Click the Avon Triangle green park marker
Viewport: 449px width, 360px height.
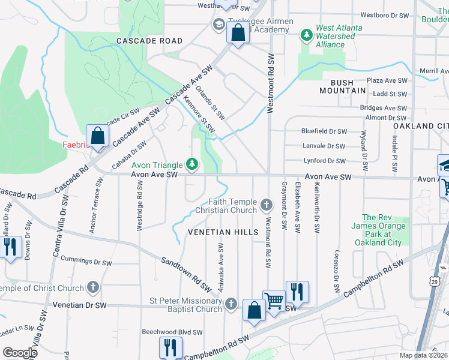point(192,163)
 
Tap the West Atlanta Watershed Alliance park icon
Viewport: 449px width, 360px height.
point(307,34)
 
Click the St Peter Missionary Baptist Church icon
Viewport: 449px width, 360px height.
point(231,305)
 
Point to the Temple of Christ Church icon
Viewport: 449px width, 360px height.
point(92,288)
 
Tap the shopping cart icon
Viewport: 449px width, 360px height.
point(274,299)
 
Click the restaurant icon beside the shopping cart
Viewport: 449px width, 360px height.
point(297,292)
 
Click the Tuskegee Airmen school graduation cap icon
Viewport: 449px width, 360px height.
point(218,24)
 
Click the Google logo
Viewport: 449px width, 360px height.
point(20,352)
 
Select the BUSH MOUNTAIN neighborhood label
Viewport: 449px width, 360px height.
point(339,86)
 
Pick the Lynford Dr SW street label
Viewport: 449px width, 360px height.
point(325,161)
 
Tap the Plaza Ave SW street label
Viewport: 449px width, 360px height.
point(387,80)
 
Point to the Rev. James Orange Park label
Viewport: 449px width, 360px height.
point(385,230)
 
